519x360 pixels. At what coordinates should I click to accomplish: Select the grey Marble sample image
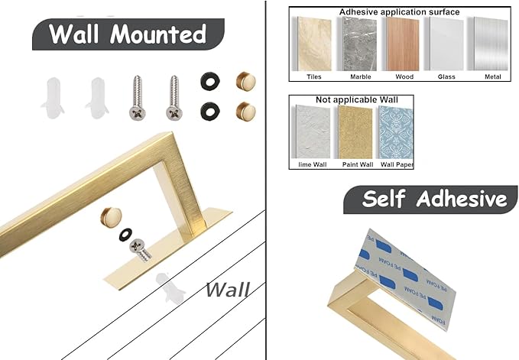coord(358,44)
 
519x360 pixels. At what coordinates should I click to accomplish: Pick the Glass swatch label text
coord(446,76)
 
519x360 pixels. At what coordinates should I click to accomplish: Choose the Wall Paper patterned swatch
coord(396,132)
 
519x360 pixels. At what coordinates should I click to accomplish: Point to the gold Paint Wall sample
coord(355,132)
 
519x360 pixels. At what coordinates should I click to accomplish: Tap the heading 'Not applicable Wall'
coord(356,99)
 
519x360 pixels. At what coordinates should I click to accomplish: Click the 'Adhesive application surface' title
coord(399,12)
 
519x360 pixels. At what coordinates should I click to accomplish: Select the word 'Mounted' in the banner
coord(158,34)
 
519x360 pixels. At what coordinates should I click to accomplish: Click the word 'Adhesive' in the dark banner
coord(462,199)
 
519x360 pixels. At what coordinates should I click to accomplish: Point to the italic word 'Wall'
coord(227,290)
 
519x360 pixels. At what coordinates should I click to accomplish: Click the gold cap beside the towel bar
coord(112,217)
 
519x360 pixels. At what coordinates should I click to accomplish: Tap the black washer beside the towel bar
coord(125,234)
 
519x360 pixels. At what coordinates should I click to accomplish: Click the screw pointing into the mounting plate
coord(141,250)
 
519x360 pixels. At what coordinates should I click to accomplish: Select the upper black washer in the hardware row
coord(210,81)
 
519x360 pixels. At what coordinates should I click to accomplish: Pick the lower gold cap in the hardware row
coord(245,111)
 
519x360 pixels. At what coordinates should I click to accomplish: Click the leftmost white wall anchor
coord(53,98)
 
